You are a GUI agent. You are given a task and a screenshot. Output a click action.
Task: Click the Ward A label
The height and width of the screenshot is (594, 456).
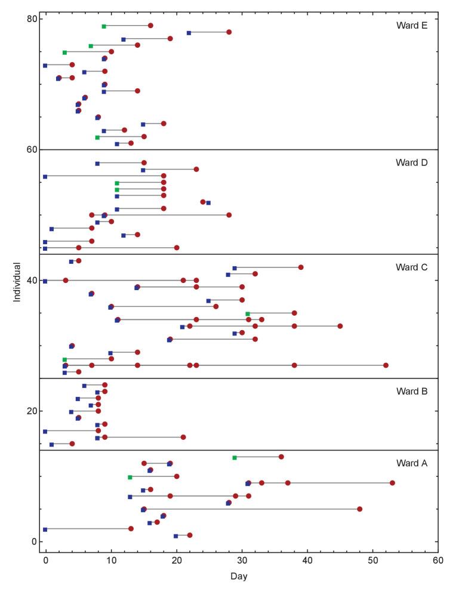[412, 463]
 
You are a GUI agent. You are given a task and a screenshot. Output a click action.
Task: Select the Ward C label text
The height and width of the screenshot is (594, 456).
[412, 267]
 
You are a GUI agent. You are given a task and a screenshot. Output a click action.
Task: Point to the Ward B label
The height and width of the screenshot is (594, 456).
[412, 392]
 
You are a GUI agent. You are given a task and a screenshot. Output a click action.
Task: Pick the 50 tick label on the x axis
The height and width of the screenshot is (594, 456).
[372, 561]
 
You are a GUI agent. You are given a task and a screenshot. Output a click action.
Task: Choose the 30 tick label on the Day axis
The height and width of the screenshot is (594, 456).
[242, 561]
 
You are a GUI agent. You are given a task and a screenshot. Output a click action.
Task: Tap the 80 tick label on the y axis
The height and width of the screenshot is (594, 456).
[30, 19]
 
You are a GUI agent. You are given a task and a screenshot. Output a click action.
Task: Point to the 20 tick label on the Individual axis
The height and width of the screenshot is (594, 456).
[30, 411]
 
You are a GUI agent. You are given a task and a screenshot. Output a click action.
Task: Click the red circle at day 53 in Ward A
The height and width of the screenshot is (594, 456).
[392, 483]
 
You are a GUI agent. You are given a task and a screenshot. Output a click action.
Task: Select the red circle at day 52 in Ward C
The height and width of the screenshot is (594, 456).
[386, 365]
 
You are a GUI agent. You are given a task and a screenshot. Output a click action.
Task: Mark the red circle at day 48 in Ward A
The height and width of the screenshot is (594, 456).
[359, 509]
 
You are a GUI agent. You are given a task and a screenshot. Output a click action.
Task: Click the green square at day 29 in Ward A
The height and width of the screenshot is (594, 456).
[235, 457]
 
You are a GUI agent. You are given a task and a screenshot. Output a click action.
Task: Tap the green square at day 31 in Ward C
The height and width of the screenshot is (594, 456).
[248, 313]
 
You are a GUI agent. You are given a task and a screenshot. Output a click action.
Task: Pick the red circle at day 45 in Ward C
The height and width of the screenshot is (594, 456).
[340, 326]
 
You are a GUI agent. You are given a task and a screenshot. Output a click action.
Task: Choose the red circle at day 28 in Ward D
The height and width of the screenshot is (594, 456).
[229, 215]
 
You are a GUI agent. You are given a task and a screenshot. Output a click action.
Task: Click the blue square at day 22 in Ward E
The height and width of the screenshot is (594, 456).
[189, 33]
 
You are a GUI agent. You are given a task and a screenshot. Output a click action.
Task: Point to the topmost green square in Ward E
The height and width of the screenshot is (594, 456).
[104, 26]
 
